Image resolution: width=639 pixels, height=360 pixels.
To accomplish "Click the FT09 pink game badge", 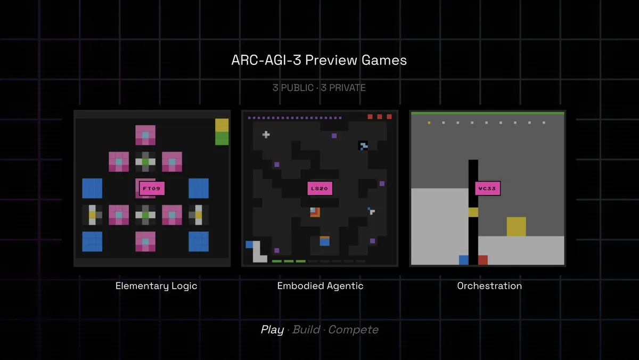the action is click(152, 189).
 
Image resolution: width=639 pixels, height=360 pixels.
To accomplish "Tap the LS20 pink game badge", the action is click(320, 189).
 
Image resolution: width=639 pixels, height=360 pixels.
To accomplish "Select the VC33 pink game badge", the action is click(488, 189).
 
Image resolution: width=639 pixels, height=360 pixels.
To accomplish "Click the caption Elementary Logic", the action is click(157, 286).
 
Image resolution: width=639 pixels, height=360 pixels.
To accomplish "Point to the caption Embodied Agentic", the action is click(321, 286).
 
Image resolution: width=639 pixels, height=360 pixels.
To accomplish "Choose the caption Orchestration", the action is click(489, 286).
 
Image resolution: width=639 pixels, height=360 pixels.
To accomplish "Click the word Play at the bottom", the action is click(273, 330).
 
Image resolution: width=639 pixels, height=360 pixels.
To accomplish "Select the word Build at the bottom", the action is click(306, 330).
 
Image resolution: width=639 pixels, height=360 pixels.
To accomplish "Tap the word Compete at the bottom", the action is click(354, 330).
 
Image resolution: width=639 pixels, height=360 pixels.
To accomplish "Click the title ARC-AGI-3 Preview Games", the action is click(319, 60).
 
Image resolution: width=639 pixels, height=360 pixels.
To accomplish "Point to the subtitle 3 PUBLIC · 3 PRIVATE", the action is click(319, 87).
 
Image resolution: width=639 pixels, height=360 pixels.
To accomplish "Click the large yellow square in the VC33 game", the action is click(517, 226).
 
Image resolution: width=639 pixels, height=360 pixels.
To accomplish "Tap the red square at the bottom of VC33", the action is click(483, 260).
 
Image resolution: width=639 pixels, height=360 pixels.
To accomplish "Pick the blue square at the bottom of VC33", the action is click(464, 260).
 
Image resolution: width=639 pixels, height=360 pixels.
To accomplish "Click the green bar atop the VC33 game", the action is click(488, 113).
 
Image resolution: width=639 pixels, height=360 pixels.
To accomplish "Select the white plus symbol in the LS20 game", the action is click(266, 134).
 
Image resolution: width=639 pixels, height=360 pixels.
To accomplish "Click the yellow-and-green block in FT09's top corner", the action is click(222, 132).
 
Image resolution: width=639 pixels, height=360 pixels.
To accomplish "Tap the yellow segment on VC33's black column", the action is click(473, 212).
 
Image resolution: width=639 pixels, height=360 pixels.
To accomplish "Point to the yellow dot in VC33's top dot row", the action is click(429, 122).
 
